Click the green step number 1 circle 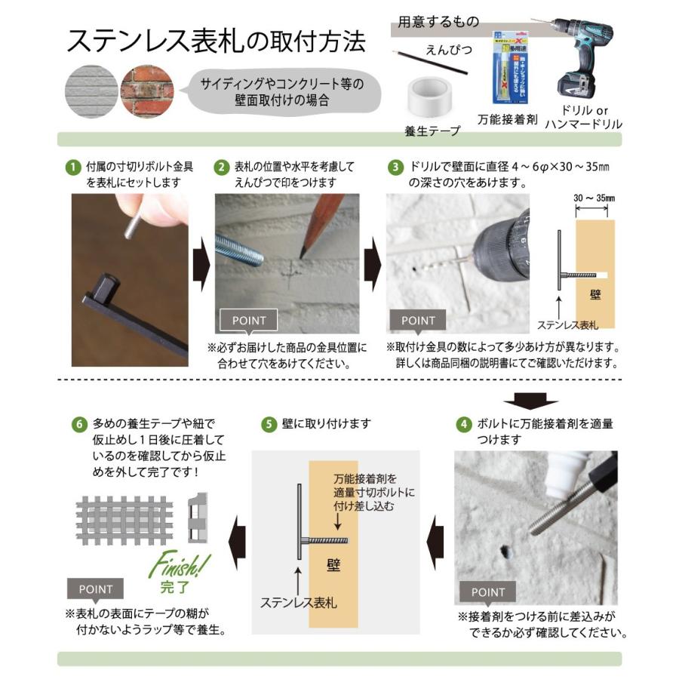point(73,167)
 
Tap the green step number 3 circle point(395,167)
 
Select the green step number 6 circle point(78,424)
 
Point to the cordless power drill point(579,57)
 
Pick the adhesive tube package point(510,68)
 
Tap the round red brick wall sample point(147,91)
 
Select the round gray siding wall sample point(91,91)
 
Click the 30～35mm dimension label point(595,198)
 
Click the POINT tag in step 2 point(248,321)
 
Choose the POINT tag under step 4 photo point(487,592)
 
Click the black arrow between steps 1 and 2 point(201,264)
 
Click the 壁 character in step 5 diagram point(333,566)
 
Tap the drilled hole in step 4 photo point(505,551)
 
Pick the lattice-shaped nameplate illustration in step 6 point(124,521)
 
